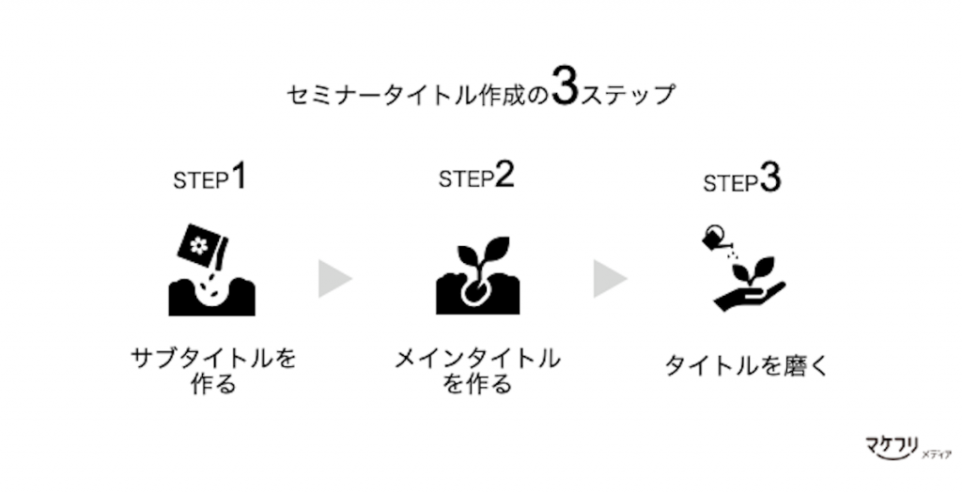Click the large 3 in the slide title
pyautogui.click(x=565, y=87)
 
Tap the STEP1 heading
pyautogui.click(x=209, y=177)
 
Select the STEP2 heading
pyautogui.click(x=476, y=176)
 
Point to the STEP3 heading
pyautogui.click(x=742, y=179)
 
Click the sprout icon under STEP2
pyautogui.click(x=477, y=275)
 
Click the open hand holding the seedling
pyautogui.click(x=749, y=296)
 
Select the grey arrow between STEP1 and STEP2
pyautogui.click(x=334, y=278)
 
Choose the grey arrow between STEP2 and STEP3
pyautogui.click(x=608, y=278)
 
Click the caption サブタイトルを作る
pyautogui.click(x=213, y=370)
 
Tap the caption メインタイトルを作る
pyautogui.click(x=476, y=370)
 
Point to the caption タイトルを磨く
pyautogui.click(x=747, y=366)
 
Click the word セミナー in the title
pyautogui.click(x=334, y=95)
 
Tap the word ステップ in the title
pyautogui.click(x=628, y=95)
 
